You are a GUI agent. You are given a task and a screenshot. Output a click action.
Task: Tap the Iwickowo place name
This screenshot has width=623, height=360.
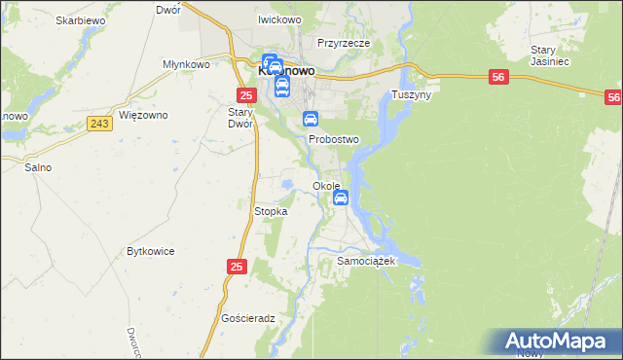tap(278, 19)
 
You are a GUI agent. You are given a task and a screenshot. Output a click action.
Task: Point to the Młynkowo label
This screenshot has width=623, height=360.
tap(187, 64)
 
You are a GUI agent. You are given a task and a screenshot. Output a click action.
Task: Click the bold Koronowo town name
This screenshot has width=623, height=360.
tap(285, 71)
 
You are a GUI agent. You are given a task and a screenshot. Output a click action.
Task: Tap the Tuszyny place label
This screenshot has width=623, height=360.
tap(411, 95)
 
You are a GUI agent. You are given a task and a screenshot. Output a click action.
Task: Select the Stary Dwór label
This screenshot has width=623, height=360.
tap(240, 118)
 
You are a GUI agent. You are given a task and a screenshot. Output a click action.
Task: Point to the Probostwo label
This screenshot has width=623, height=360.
tap(334, 140)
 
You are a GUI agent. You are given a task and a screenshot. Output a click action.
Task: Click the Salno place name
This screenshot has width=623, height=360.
tap(38, 167)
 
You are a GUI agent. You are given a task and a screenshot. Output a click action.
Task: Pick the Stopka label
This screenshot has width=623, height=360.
tap(270, 211)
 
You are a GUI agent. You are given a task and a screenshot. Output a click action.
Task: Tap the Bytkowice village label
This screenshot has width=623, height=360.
tap(151, 251)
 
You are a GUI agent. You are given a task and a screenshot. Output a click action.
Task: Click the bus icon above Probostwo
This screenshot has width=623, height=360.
tap(311, 120)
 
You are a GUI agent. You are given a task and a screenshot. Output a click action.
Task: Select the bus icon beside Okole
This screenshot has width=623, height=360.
tap(341, 198)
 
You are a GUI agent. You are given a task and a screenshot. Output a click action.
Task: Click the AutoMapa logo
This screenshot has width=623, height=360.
tap(562, 341)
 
